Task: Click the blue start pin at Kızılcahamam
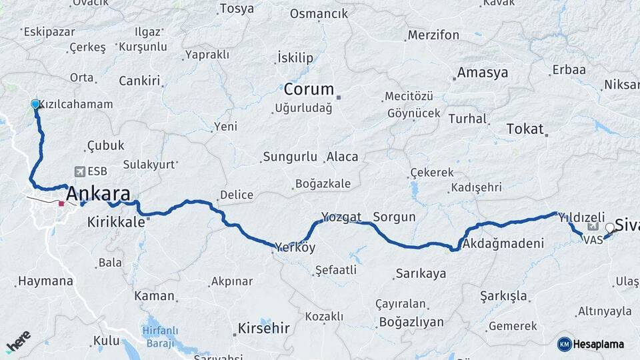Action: click(35, 104)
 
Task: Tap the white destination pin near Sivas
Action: click(609, 228)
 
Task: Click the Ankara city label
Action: click(97, 194)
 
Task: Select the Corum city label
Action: click(308, 89)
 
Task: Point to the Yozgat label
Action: click(341, 217)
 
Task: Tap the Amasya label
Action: click(483, 73)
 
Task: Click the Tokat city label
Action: click(525, 129)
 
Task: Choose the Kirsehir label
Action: click(264, 328)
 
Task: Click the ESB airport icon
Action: click(81, 171)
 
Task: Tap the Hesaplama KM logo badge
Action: click(565, 344)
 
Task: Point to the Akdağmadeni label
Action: click(503, 243)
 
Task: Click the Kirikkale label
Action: click(116, 223)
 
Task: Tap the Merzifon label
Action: click(434, 34)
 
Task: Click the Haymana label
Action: click(45, 281)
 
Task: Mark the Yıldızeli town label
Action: click(581, 217)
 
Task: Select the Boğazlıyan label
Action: click(411, 322)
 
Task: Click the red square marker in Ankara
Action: click(61, 203)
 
